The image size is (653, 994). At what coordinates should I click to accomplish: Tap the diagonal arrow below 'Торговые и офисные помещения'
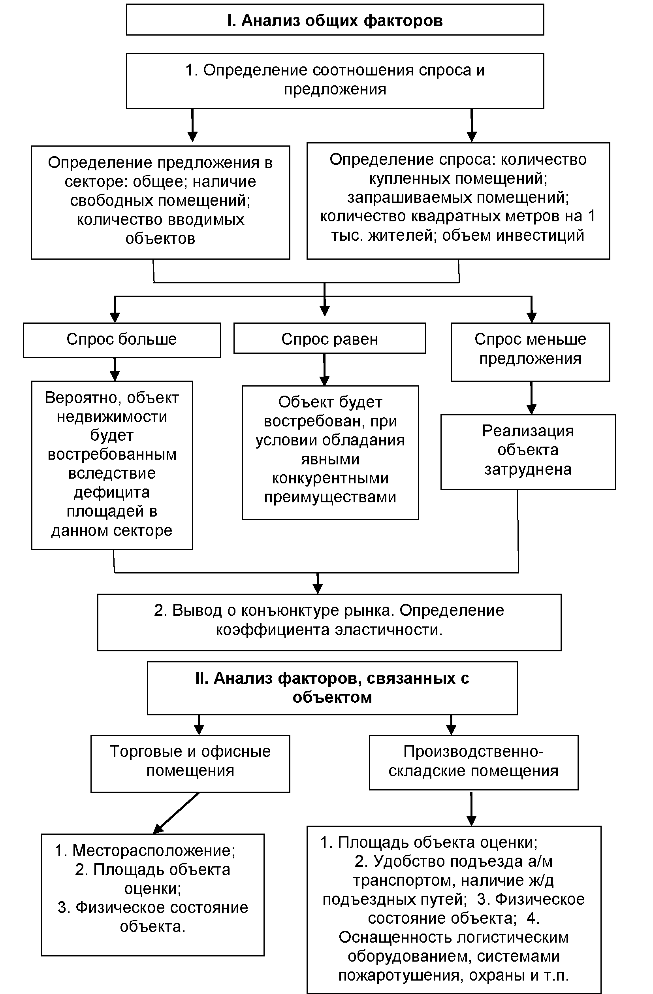(x=176, y=813)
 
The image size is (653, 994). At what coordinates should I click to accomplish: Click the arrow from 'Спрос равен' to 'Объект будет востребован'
(x=324, y=370)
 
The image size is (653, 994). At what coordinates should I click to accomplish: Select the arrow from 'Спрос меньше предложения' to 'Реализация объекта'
(x=531, y=398)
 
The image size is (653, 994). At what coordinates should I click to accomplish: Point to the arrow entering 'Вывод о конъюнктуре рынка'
(x=318, y=583)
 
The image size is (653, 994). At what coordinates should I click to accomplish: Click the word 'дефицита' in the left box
(x=111, y=492)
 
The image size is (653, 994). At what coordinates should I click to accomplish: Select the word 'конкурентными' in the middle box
(x=330, y=478)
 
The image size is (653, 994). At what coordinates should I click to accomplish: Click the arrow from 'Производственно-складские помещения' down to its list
(x=471, y=808)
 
